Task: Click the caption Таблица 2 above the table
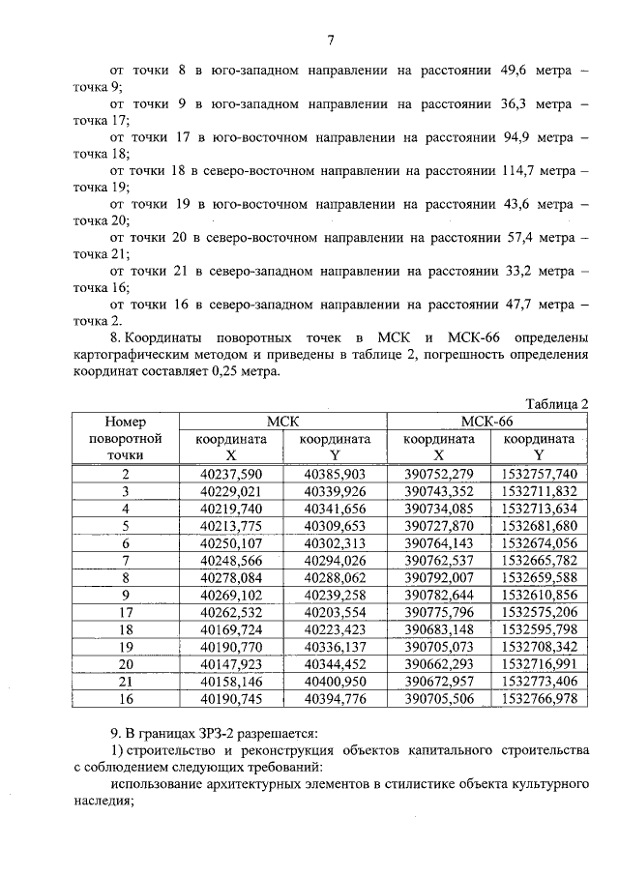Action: (x=556, y=402)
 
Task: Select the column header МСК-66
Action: (x=487, y=421)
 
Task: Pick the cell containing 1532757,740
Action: (x=539, y=474)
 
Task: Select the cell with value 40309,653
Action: (x=335, y=526)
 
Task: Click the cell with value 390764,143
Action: (x=438, y=543)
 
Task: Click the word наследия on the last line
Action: (x=100, y=801)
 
